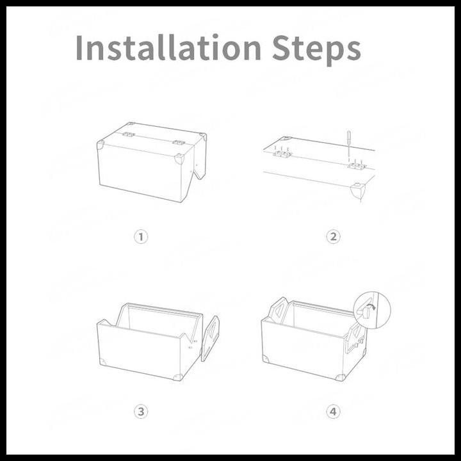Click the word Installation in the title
point(168,47)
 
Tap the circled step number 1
point(141,237)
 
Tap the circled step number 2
point(333,237)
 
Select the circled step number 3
point(141,412)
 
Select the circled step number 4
point(333,412)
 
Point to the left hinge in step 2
point(282,154)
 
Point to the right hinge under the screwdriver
point(357,166)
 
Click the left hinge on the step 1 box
point(129,134)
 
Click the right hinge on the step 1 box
point(178,143)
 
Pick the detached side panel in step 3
point(210,338)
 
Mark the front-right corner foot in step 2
point(357,191)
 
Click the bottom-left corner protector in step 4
point(265,359)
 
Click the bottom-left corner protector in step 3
point(102,362)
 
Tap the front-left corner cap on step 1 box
point(101,145)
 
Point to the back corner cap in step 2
point(286,138)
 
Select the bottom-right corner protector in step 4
point(341,378)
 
